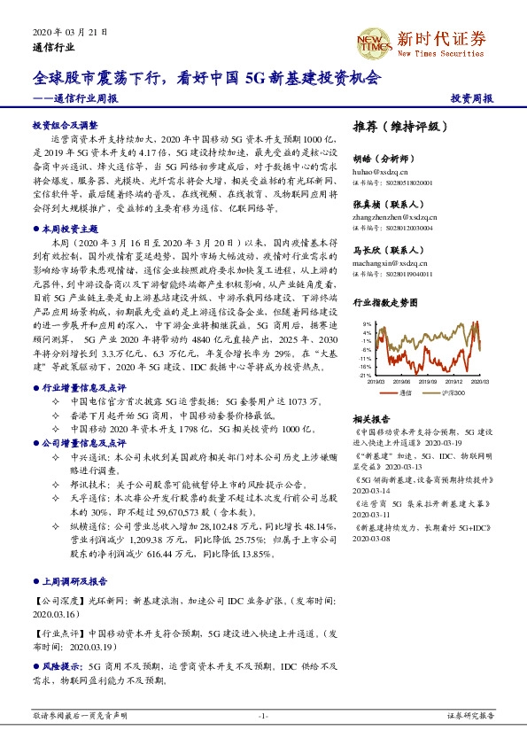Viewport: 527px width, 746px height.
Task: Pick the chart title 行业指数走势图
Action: pos(384,302)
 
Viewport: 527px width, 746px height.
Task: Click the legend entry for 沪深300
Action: pos(453,392)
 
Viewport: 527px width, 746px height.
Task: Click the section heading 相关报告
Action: pos(370,418)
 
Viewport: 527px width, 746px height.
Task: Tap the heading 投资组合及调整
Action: pos(64,125)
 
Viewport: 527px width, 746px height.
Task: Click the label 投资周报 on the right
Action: pos(472,98)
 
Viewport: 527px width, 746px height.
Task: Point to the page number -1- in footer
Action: pos(262,715)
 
